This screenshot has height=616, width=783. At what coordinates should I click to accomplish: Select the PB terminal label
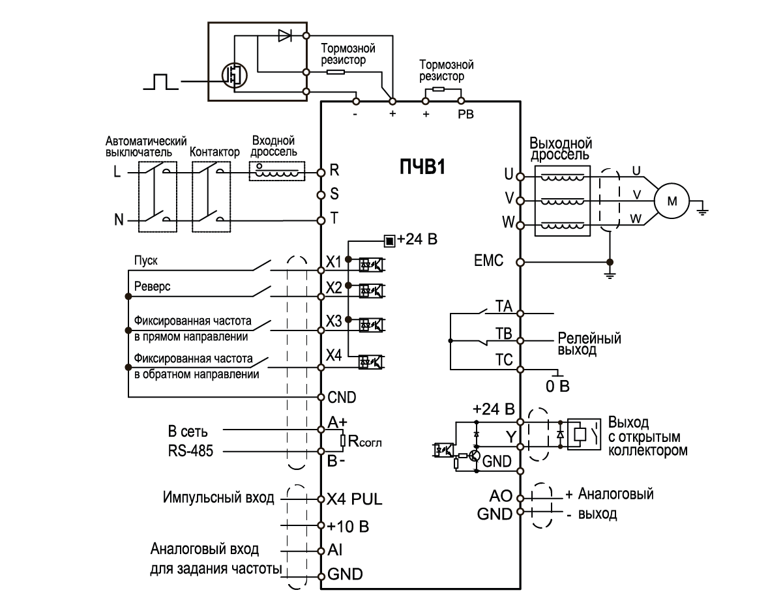click(x=466, y=115)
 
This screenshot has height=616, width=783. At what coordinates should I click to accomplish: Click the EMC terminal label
click(x=489, y=262)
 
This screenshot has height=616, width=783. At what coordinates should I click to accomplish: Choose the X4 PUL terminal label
click(x=355, y=501)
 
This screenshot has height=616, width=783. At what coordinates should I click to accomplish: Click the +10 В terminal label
click(x=346, y=525)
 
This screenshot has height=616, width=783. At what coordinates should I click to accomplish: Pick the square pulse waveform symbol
click(x=160, y=81)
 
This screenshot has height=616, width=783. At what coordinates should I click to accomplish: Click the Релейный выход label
click(x=589, y=344)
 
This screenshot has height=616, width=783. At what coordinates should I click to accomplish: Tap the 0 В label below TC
click(x=557, y=387)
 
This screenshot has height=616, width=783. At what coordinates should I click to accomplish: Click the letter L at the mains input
click(x=117, y=173)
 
